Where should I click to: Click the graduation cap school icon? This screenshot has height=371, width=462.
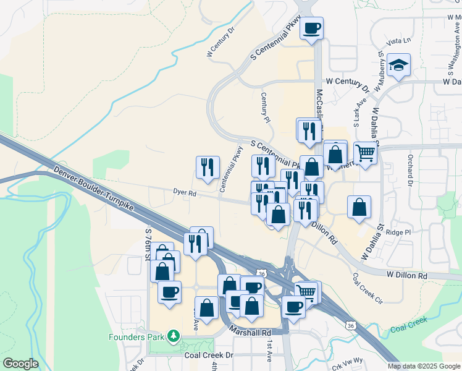[399, 66]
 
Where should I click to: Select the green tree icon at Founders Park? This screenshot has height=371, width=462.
[174, 336]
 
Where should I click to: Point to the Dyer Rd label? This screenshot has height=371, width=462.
[184, 194]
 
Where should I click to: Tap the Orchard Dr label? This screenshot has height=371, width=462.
[409, 169]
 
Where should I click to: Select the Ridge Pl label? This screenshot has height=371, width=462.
[398, 232]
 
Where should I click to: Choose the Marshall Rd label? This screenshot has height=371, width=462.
[250, 332]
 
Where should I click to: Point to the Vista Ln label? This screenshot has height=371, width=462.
[398, 41]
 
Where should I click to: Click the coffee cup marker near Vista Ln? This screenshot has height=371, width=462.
[312, 28]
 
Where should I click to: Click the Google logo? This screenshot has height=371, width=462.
[20, 364]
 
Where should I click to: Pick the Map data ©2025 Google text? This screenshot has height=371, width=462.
[423, 366]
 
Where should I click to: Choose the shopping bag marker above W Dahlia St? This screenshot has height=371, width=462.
[359, 208]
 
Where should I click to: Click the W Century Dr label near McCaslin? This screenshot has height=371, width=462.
[346, 81]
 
